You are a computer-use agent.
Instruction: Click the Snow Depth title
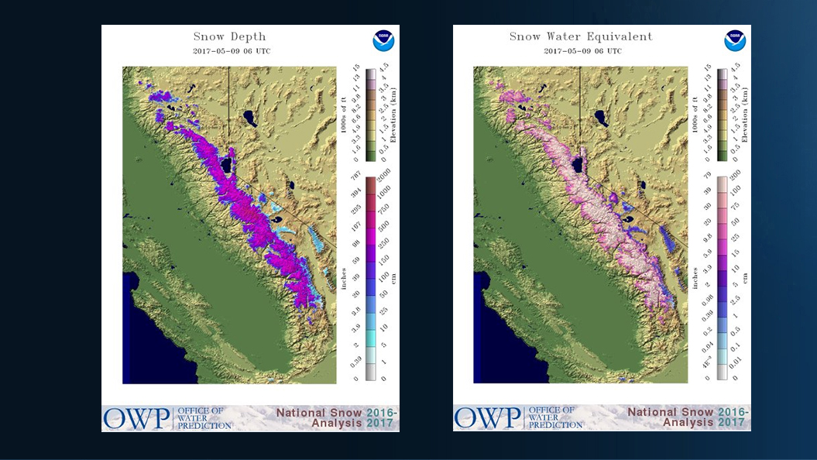click(231, 36)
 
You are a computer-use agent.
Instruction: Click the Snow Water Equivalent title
click(581, 36)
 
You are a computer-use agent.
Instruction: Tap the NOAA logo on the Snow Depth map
click(383, 41)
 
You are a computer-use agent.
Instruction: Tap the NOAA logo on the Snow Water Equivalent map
click(734, 41)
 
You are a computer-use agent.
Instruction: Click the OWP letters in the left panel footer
click(137, 417)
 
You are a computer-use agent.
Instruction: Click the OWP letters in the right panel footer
click(488, 417)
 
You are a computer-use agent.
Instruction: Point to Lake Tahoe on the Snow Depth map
click(225, 165)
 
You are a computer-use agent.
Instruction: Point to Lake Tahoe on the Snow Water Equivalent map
click(577, 165)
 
